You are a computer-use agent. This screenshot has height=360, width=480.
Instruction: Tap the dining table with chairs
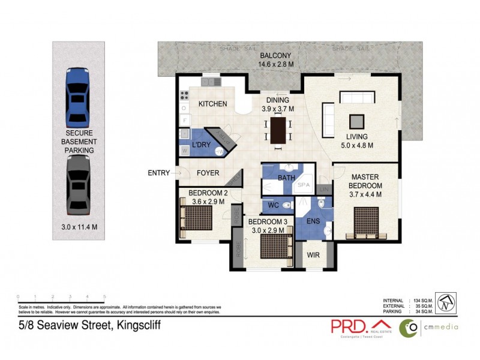click(278, 130)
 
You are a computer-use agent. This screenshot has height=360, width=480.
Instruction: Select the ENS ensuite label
click(313, 221)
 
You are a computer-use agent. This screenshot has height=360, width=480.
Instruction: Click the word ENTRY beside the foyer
click(159, 173)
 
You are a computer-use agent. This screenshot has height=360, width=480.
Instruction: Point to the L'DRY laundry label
click(202, 146)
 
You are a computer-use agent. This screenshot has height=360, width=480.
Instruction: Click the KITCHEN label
click(213, 104)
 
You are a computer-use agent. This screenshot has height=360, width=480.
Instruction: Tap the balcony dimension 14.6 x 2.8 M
click(275, 64)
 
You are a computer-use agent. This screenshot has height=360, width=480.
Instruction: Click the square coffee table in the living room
click(356, 120)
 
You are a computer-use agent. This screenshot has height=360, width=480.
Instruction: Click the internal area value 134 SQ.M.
click(424, 300)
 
